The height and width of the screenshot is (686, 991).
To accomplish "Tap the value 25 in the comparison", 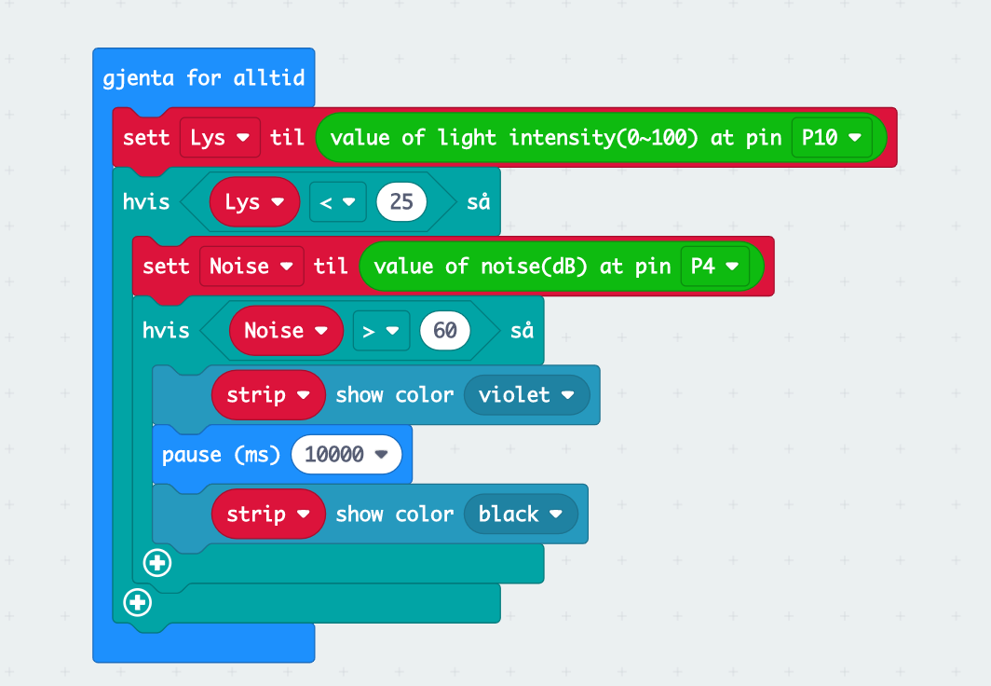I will [401, 202].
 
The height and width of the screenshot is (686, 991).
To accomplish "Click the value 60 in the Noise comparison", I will [445, 330].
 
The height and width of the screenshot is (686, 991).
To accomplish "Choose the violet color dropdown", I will [525, 394].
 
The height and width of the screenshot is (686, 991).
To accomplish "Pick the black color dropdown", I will [520, 514].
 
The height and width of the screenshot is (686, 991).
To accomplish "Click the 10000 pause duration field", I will [346, 455].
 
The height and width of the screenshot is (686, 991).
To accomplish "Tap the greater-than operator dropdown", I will [381, 330].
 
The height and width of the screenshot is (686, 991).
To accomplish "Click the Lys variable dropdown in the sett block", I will [219, 138].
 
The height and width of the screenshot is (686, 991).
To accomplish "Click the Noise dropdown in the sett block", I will [251, 267].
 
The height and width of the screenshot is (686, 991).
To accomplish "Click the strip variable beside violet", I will [268, 394].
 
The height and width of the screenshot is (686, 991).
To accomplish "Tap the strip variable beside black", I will [268, 514].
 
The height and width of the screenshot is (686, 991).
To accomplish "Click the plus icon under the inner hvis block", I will [157, 563].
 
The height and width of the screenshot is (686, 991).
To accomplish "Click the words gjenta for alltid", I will [204, 77].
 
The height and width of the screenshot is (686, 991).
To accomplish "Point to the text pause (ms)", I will [221, 455].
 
